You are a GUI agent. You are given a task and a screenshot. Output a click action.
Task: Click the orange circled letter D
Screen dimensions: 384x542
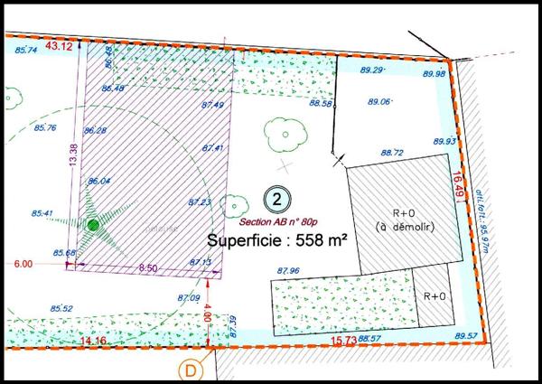click(192, 369)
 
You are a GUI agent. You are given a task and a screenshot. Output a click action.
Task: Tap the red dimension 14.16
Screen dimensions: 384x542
click(93, 341)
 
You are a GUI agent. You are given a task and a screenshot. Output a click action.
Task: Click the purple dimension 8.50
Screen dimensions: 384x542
click(148, 268)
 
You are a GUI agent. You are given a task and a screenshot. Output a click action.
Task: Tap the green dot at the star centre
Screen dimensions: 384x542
click(93, 224)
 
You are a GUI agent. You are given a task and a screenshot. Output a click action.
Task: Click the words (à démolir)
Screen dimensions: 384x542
click(404, 228)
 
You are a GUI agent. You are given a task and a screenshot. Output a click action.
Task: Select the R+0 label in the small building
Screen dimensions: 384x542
click(435, 296)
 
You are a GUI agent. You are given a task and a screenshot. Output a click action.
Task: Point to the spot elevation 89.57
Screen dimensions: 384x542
click(466, 336)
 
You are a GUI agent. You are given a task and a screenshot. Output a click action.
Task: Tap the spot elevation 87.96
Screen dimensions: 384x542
click(288, 269)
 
